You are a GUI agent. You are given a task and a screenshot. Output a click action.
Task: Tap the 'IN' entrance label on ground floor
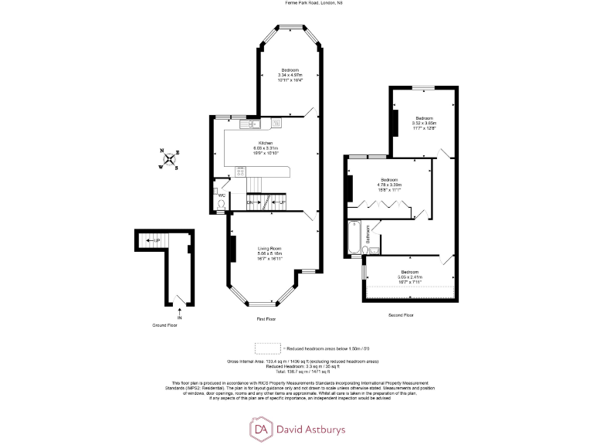[x=180, y=317]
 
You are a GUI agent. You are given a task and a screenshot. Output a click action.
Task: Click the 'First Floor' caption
[x=266, y=318]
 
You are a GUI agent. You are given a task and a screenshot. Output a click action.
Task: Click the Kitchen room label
[x=266, y=144]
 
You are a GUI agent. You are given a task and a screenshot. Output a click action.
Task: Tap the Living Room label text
[x=269, y=248]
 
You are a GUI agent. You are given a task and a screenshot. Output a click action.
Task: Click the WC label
[x=221, y=195]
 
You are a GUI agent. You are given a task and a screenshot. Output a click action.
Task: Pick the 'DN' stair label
[x=250, y=202]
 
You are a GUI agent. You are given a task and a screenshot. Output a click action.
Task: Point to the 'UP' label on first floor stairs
[x=283, y=202]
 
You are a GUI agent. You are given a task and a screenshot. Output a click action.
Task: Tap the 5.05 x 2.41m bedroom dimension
[x=409, y=278]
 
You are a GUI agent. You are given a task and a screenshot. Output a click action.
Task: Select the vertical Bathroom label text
[x=368, y=233]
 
